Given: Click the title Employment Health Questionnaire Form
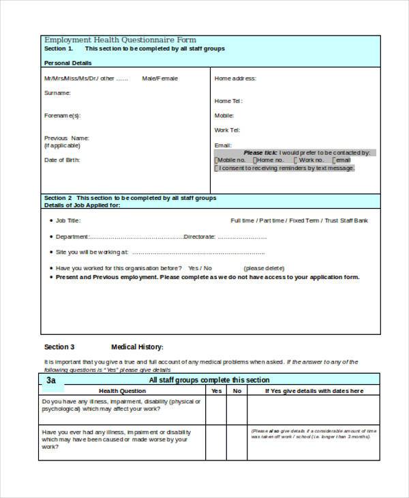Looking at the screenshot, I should tap(120, 40).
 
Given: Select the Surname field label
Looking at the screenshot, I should tap(57, 92).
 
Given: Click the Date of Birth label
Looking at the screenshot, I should tap(62, 160).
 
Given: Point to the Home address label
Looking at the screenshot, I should tap(235, 78).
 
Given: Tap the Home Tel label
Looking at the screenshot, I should tap(228, 101).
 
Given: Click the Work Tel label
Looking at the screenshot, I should tap(227, 130).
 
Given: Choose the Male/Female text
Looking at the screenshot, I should tap(160, 78).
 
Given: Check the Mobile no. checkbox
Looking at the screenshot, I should tap(217, 160).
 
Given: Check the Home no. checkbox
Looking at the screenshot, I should tap(254, 160).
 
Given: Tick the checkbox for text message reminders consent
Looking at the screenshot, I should tap(217, 168).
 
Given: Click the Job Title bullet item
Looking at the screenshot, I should tap(68, 220).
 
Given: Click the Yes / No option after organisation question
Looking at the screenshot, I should tap(200, 268).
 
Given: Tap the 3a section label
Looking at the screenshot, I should tap(52, 380).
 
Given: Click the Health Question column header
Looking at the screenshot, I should tap(123, 391).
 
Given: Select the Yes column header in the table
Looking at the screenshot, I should tap(216, 391).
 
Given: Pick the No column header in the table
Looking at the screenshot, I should tap(237, 391).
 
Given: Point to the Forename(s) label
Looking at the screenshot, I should tap(62, 115).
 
